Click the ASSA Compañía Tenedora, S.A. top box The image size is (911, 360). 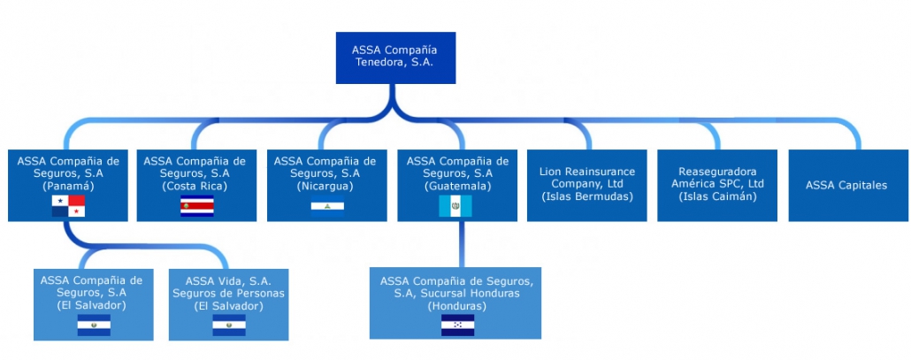[395, 58]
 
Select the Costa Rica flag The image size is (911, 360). [196, 207]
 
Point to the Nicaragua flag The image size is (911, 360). [326, 207]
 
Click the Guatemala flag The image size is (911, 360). [455, 206]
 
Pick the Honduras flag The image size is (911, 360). [457, 326]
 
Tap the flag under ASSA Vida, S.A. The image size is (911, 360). [229, 326]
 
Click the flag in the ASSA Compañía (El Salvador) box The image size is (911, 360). [94, 326]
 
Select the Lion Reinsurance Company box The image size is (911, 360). [587, 184]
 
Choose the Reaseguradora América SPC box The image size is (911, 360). [717, 184]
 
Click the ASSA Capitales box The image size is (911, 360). [846, 185]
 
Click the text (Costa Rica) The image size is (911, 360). [195, 187]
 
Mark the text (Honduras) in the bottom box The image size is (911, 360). [455, 305]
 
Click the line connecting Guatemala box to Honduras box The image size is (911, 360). [461, 244]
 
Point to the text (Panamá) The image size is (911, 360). [68, 187]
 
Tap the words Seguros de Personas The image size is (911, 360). [229, 293]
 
